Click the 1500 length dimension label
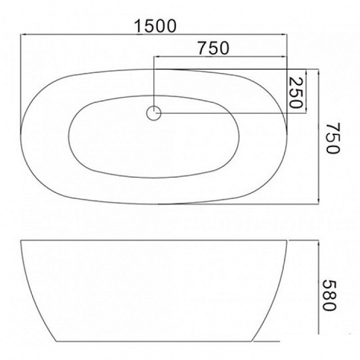click(x=155, y=26)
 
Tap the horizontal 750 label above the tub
click(x=213, y=48)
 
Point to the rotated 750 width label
click(x=333, y=139)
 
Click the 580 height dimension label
click(x=329, y=295)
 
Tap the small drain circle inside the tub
click(x=153, y=113)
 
